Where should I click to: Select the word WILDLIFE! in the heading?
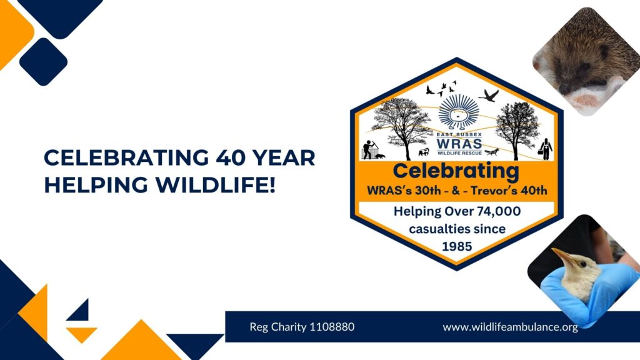tap(216, 185)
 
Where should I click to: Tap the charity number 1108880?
tap(332, 327)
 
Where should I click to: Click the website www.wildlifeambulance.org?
tap(510, 327)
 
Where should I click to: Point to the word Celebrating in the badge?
tap(456, 171)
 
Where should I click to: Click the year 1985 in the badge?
tap(457, 246)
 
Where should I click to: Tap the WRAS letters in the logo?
tap(459, 144)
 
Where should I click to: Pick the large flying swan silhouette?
tap(489, 96)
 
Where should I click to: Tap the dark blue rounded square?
tap(43, 62)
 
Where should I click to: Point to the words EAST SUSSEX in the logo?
tap(459, 135)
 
